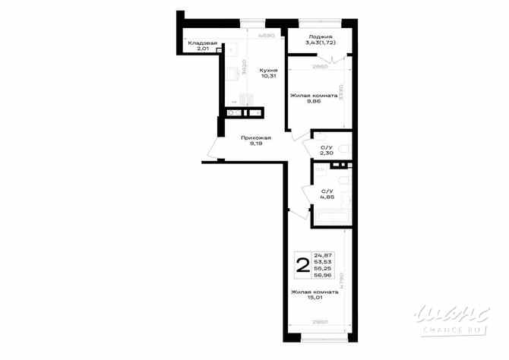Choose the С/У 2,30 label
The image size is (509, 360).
[x=327, y=150]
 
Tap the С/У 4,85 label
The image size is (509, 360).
[x=327, y=195]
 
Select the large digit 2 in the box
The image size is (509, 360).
[x=302, y=265]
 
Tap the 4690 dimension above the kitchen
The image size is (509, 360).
[x=265, y=35]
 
